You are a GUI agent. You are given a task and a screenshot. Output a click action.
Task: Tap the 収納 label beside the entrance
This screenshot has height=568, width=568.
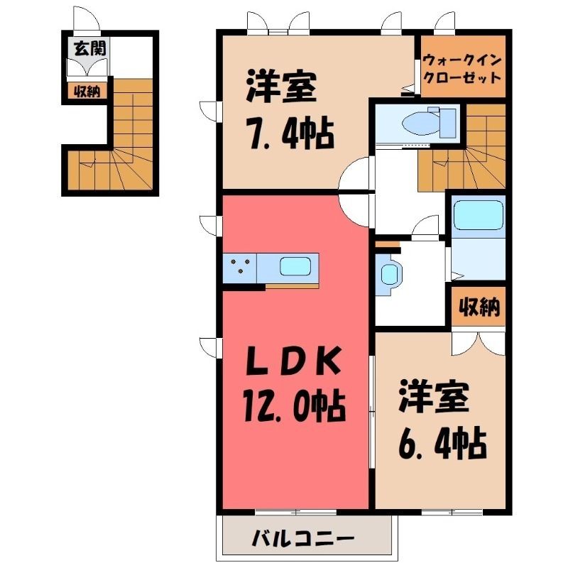pyautogui.click(x=87, y=92)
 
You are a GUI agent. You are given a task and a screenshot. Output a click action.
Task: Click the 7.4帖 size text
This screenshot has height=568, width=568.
pyautogui.click(x=290, y=133)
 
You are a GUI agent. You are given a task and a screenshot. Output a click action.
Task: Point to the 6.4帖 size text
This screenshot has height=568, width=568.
pyautogui.click(x=442, y=442)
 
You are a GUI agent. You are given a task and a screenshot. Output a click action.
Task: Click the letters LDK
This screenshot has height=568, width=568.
pyautogui.click(x=294, y=361)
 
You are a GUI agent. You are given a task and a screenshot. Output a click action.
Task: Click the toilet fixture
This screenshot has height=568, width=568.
pyautogui.click(x=429, y=122)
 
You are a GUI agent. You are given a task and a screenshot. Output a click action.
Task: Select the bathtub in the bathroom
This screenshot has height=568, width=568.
pyautogui.click(x=478, y=215)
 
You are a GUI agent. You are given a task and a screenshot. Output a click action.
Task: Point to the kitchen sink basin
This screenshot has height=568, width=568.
pyautogui.click(x=295, y=268)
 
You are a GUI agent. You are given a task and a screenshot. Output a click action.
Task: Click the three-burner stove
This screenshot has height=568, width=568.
pyautogui.click(x=239, y=268)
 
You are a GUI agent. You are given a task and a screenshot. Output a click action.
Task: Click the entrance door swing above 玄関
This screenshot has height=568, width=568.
pyautogui.click(x=86, y=19)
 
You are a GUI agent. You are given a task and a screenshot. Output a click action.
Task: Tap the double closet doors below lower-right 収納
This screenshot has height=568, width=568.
pyautogui.click(x=478, y=342)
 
